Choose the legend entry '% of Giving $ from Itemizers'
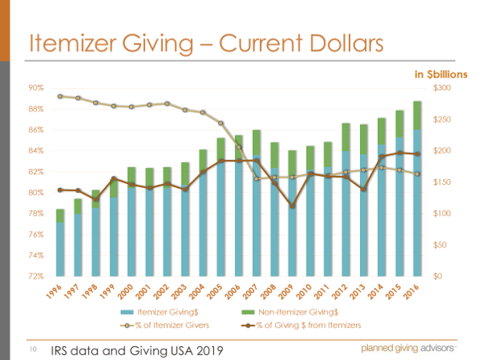tap(306, 324)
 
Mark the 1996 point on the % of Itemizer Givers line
tap(61, 96)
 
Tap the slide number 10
tap(33, 350)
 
